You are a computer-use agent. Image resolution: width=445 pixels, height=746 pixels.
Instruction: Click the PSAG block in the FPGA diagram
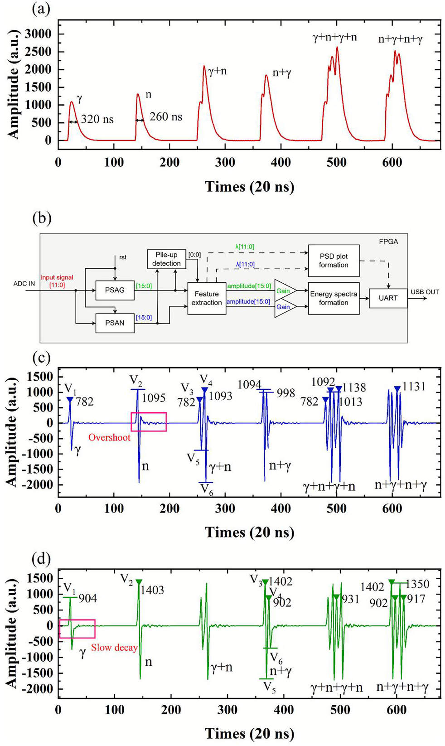pyautogui.click(x=115, y=290)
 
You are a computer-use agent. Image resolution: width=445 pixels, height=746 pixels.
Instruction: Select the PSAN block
pyautogui.click(x=115, y=323)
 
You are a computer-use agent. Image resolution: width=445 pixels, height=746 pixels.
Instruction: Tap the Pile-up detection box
pyautogui.click(x=166, y=259)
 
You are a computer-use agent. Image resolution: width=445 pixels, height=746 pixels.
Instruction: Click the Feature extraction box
pyautogui.click(x=207, y=298)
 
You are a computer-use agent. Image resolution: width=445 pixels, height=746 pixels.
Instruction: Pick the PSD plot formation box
pyautogui.click(x=334, y=261)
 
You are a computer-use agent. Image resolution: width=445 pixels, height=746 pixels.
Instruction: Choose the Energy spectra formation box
pyautogui.click(x=334, y=298)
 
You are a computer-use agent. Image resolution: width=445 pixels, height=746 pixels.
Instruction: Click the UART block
pyautogui.click(x=388, y=298)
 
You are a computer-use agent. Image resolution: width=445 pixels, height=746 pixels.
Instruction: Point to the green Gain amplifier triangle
pyautogui.click(x=285, y=291)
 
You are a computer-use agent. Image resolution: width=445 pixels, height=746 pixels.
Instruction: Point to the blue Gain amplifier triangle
pyautogui.click(x=285, y=307)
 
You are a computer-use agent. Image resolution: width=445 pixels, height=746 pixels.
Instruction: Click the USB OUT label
pyautogui.click(x=425, y=292)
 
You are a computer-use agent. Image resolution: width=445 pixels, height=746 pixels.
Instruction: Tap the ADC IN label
pyautogui.click(x=24, y=284)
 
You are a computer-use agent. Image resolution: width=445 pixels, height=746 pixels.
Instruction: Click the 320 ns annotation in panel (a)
pyautogui.click(x=97, y=120)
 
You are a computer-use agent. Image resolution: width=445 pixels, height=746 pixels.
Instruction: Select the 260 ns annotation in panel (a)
pyautogui.click(x=166, y=117)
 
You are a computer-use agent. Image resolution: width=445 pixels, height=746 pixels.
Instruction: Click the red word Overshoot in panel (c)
pyautogui.click(x=109, y=437)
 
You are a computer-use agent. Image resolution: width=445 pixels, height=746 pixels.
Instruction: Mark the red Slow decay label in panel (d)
pyautogui.click(x=114, y=648)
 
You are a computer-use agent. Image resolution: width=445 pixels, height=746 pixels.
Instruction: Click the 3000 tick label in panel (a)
pyautogui.click(x=38, y=34)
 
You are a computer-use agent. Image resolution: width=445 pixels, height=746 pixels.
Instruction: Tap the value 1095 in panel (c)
pyautogui.click(x=154, y=398)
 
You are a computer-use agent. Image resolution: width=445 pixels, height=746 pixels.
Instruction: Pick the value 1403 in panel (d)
pyautogui.click(x=152, y=590)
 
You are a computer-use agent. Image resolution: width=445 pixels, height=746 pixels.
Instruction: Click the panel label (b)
pyautogui.click(x=42, y=218)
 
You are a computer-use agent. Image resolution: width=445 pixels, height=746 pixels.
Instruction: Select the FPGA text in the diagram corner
pyautogui.click(x=388, y=242)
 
